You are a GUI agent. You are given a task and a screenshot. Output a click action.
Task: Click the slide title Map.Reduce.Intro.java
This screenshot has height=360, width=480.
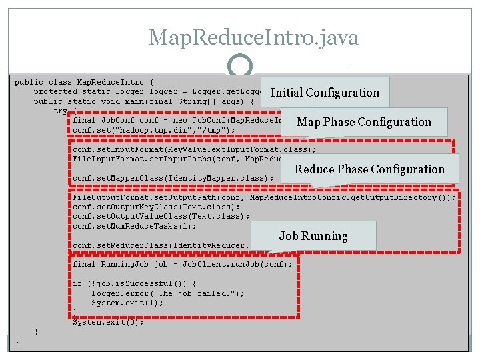click(x=253, y=37)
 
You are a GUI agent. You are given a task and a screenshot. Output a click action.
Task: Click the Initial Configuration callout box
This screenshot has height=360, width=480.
click(x=325, y=93)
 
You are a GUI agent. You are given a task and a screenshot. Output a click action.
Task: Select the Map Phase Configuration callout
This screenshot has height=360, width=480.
click(x=363, y=122)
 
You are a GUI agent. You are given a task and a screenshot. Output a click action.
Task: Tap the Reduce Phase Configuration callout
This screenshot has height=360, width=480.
click(x=369, y=169)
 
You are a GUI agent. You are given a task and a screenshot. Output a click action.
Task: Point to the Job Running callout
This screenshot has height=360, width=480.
click(x=313, y=236)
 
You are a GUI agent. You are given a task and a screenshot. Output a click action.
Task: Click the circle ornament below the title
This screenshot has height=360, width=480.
click(x=240, y=67)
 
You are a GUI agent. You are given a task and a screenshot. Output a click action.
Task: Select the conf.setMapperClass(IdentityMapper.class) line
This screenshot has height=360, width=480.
click(x=173, y=179)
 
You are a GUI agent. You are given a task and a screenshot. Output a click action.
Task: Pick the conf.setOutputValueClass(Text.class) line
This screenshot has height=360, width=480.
click(x=161, y=216)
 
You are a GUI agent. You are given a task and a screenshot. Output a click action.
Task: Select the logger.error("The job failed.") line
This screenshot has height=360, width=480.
click(x=168, y=293)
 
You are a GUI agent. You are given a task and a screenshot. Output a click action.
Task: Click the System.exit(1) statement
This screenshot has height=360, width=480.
click(x=127, y=303)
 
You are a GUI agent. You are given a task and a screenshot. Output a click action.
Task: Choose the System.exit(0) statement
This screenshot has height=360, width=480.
click(x=108, y=322)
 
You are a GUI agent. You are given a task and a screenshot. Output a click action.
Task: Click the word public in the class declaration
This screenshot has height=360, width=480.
click(x=28, y=82)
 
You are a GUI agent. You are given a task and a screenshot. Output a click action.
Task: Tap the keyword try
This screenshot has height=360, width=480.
click(x=61, y=111)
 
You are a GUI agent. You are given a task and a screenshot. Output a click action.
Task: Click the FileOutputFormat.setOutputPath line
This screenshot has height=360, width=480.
click(x=264, y=197)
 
